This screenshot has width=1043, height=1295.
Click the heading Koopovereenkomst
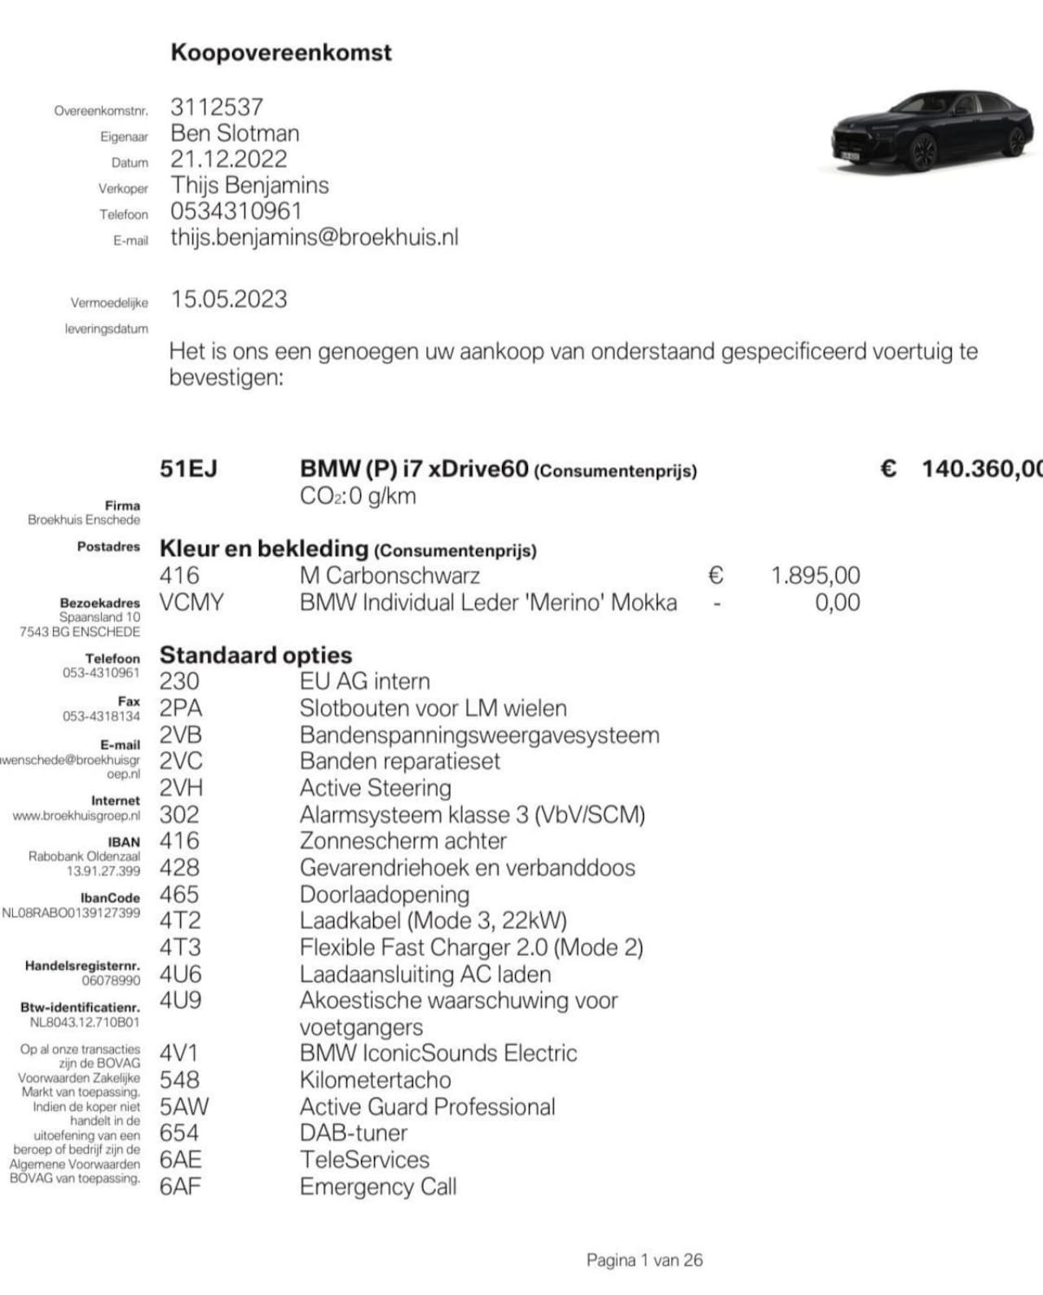click(281, 53)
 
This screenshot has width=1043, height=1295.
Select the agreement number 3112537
click(217, 107)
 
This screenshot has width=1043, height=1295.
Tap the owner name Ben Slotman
click(235, 133)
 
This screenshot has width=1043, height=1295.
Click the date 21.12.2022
click(229, 159)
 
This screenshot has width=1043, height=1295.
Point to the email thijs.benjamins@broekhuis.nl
click(315, 237)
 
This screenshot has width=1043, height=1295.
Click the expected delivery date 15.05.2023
click(229, 299)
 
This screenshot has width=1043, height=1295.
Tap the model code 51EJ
click(188, 469)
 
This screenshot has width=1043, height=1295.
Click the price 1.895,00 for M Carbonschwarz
click(815, 575)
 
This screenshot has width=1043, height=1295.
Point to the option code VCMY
click(191, 602)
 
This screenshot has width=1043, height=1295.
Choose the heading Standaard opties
click(256, 655)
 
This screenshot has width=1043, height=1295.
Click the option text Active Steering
click(375, 788)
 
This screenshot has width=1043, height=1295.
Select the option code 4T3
click(180, 947)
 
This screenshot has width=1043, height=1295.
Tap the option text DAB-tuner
click(354, 1133)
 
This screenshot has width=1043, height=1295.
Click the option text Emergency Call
click(378, 1187)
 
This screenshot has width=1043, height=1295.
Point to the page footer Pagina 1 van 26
click(644, 1260)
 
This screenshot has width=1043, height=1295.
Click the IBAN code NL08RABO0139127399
click(71, 913)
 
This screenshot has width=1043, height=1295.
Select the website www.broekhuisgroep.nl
click(77, 815)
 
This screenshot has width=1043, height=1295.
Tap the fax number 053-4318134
click(101, 716)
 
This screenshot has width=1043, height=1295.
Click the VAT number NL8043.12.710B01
click(85, 1022)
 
